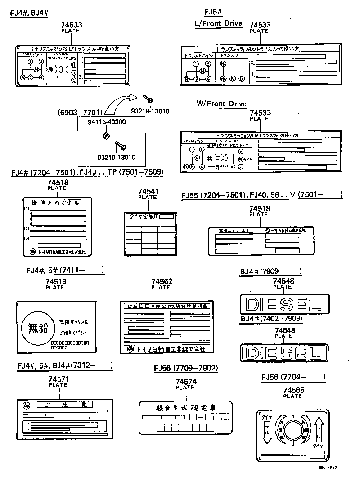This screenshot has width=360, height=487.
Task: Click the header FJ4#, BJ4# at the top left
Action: [x=29, y=12]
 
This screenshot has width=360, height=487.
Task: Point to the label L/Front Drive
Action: [x=218, y=23]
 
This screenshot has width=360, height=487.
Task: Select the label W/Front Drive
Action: [x=221, y=104]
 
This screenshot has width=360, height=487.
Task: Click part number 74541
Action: [x=147, y=192]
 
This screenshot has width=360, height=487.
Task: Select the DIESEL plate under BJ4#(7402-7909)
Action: [x=284, y=352]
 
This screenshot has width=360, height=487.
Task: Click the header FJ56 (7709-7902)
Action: [x=186, y=368]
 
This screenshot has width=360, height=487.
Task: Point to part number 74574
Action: [x=184, y=382]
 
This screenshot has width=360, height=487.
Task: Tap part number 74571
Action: [x=58, y=379]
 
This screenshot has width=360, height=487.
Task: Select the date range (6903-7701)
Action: [x=80, y=112]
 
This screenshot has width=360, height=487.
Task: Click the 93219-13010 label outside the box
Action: [x=150, y=112]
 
